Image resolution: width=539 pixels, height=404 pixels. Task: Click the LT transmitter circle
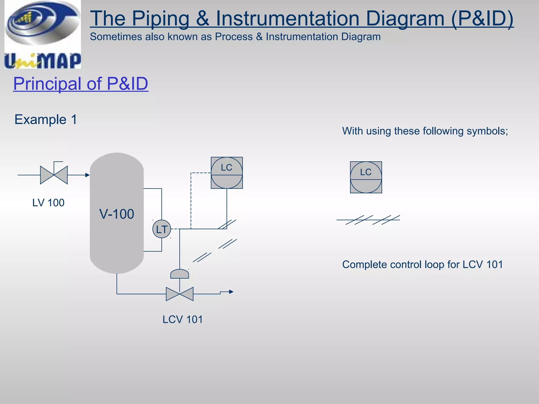pyautogui.click(x=162, y=229)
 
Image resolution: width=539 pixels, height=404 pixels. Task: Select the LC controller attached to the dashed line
pyautogui.click(x=227, y=173)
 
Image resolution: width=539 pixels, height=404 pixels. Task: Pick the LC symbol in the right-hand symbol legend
pyautogui.click(x=366, y=177)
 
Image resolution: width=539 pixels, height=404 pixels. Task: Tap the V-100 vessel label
pyautogui.click(x=117, y=214)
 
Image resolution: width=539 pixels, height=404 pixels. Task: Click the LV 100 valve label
pyautogui.click(x=48, y=203)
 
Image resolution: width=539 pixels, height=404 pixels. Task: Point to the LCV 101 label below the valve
pyautogui.click(x=182, y=319)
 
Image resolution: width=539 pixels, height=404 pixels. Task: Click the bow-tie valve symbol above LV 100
pyautogui.click(x=54, y=175)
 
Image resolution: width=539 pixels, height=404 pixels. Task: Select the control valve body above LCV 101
pyautogui.click(x=179, y=294)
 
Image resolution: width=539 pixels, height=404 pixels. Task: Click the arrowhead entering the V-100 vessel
pyautogui.click(x=87, y=175)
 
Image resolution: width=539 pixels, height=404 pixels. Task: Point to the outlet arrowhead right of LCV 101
pyautogui.click(x=231, y=292)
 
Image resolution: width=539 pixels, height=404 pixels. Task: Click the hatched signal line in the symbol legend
pyautogui.click(x=368, y=220)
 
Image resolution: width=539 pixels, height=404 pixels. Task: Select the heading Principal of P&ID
pyautogui.click(x=81, y=84)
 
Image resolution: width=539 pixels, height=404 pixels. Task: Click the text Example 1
pyautogui.click(x=46, y=119)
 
